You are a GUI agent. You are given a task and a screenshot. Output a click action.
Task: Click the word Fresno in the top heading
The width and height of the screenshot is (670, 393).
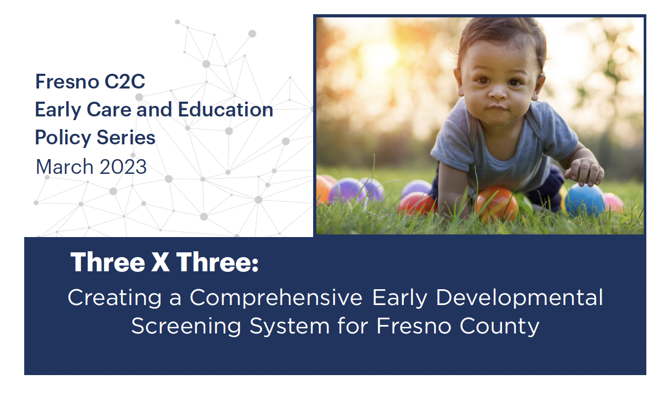[67, 82]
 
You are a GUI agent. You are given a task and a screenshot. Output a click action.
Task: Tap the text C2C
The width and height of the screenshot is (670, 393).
[125, 82]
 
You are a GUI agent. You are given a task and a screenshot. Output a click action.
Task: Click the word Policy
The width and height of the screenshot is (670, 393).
[63, 138]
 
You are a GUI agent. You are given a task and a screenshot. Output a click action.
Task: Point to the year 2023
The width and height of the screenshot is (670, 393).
[123, 166]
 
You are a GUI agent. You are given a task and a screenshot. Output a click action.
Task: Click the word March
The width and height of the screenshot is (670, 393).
[65, 166]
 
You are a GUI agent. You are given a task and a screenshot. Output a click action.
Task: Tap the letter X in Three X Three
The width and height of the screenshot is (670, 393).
[161, 262]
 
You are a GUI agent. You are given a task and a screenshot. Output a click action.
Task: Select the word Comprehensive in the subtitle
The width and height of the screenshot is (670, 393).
[276, 298]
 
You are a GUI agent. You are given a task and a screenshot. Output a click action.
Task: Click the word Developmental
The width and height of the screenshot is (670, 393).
[519, 298]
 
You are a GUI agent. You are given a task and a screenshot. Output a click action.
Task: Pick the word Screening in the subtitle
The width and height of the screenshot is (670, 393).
[186, 326]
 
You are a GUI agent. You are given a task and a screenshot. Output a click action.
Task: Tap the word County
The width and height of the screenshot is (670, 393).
[499, 326]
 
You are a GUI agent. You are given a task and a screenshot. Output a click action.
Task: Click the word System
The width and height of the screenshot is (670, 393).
[289, 326]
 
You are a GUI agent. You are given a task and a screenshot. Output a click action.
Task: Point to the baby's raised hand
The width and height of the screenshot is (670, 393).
[584, 172]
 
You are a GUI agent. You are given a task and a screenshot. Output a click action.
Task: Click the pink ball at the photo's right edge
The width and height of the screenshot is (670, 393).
[614, 203]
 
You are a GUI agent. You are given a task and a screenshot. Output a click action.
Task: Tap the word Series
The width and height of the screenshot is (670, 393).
[126, 138]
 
